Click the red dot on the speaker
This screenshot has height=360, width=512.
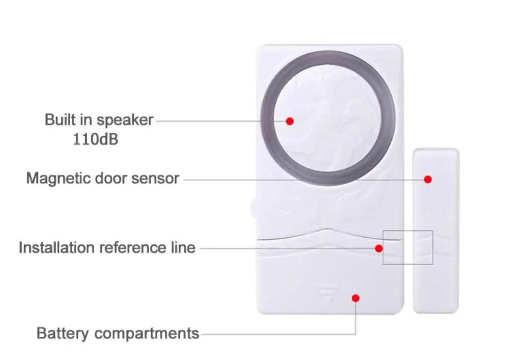pyautogui.click(x=290, y=121)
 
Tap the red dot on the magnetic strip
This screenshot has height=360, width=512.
pyautogui.click(x=428, y=179)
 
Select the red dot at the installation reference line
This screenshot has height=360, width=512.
pyautogui.click(x=379, y=248)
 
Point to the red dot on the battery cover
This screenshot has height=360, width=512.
pyautogui.click(x=356, y=298)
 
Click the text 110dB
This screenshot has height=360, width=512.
pyautogui.click(x=95, y=139)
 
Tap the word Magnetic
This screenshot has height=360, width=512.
pyautogui.click(x=58, y=179)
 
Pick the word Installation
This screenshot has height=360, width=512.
pyautogui.click(x=57, y=248)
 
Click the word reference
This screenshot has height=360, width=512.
pyautogui.click(x=133, y=248)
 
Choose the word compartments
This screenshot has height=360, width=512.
pyautogui.click(x=146, y=334)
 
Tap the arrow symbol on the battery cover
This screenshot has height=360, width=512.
pyautogui.click(x=328, y=293)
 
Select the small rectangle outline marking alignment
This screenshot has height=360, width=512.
pyautogui.click(x=408, y=231)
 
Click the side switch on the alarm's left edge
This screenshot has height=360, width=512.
pyautogui.click(x=253, y=207)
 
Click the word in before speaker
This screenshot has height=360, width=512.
pyautogui.click(x=86, y=120)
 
